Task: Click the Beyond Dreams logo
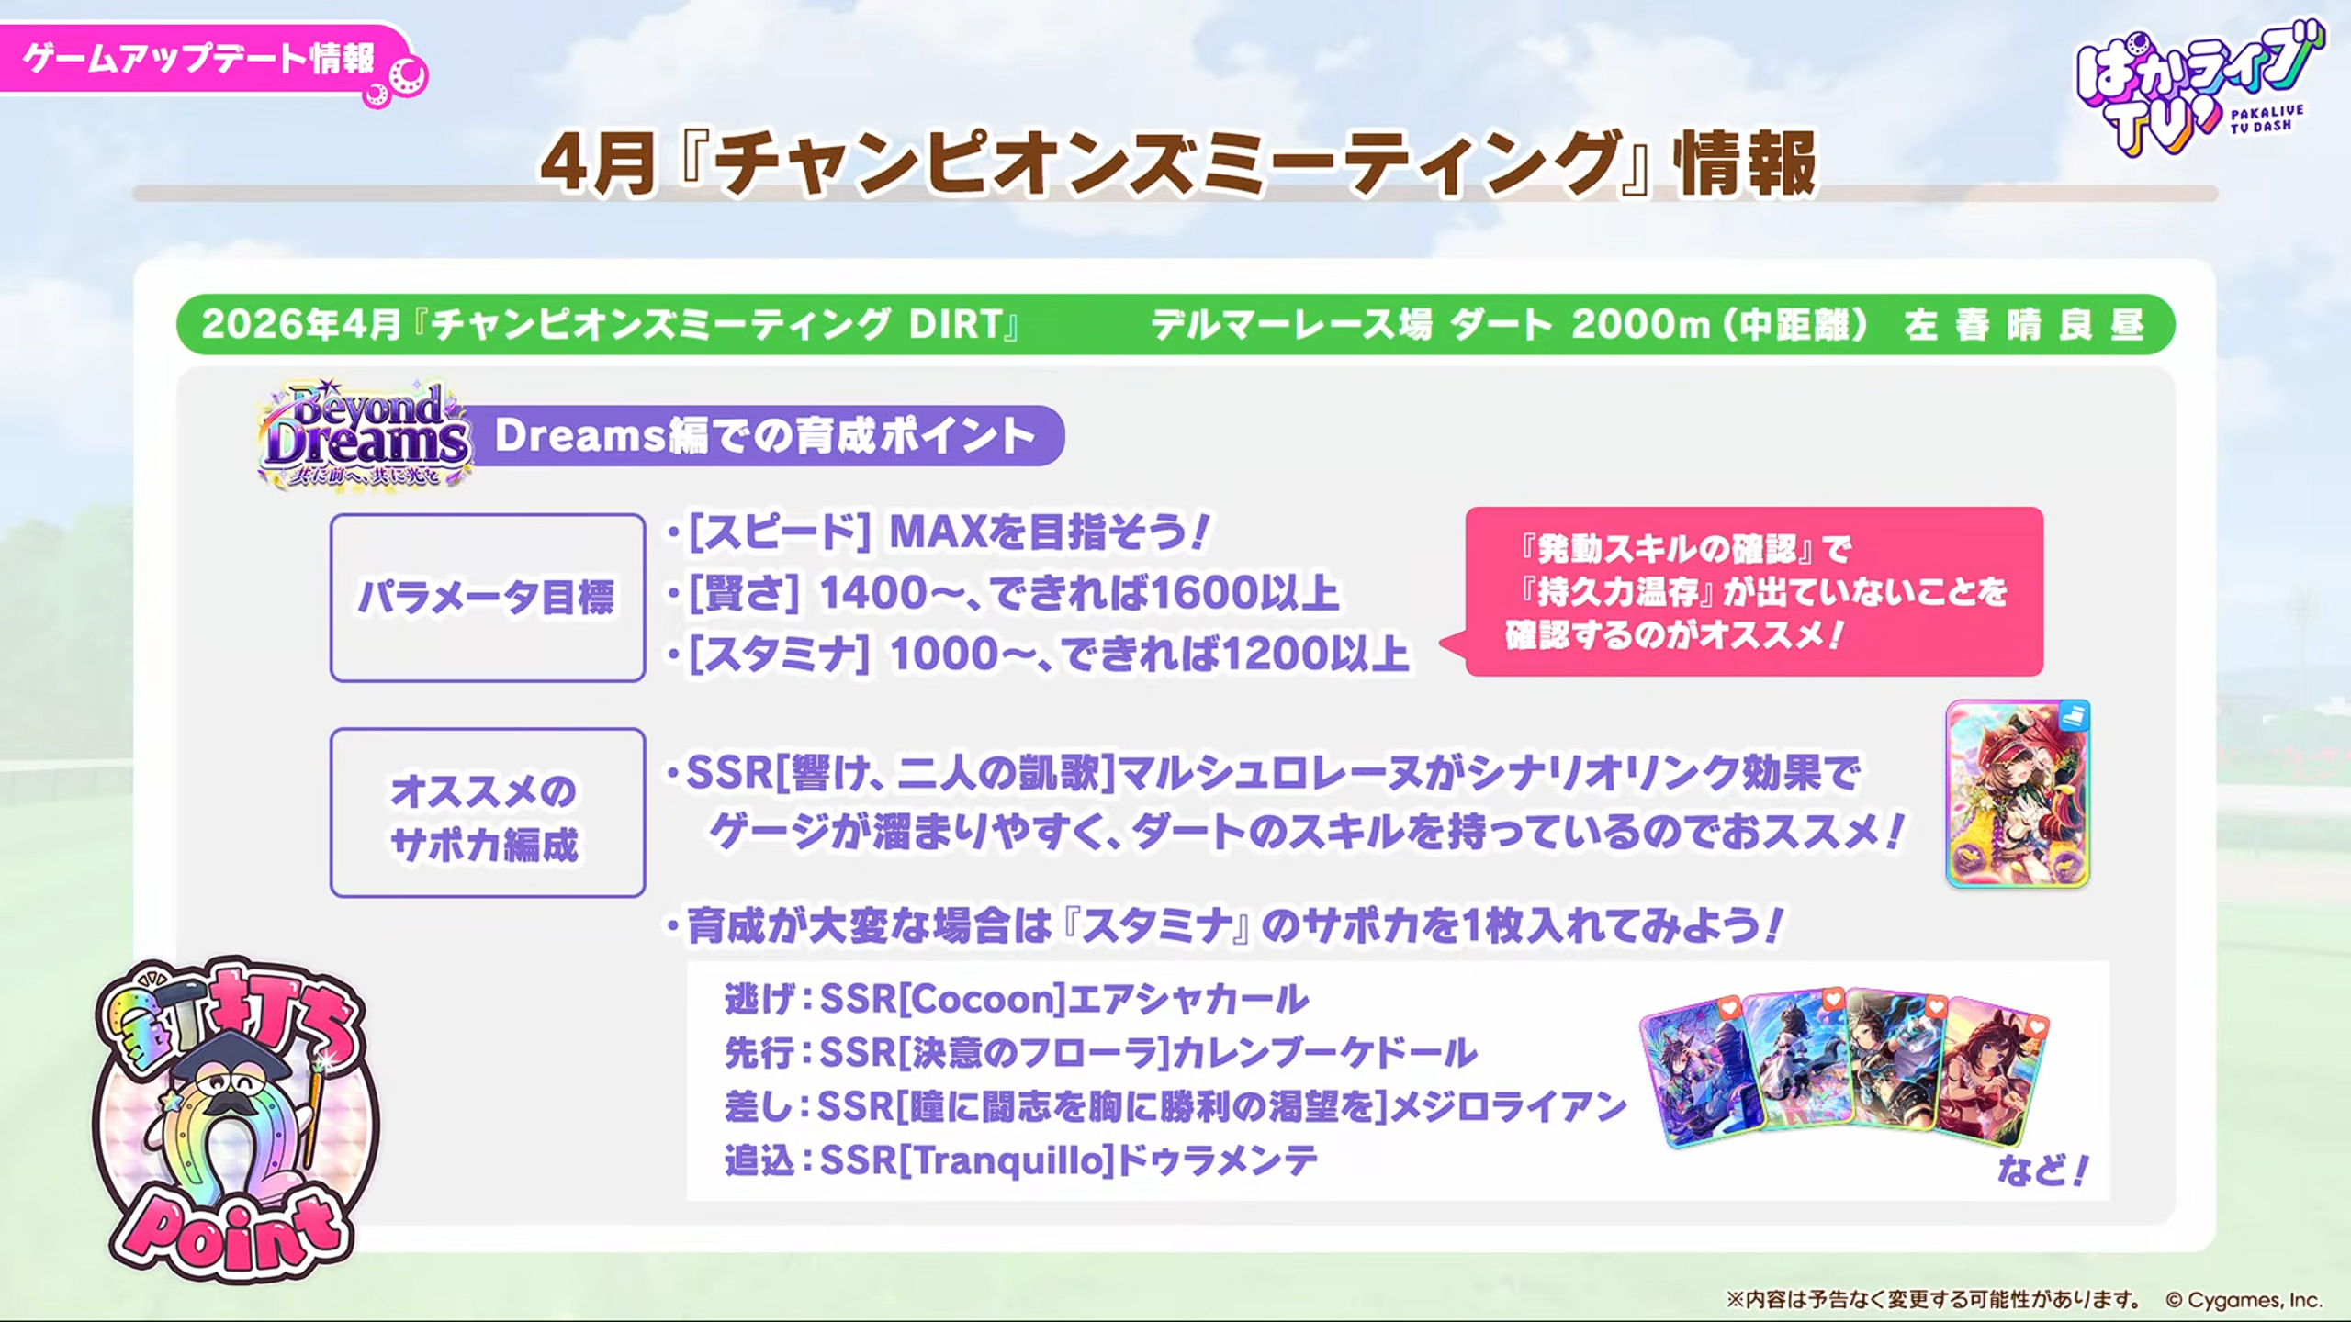click(x=366, y=433)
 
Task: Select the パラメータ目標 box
click(x=488, y=598)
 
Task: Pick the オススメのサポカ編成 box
click(x=488, y=812)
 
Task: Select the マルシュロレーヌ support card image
click(x=2018, y=794)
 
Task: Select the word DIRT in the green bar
click(x=955, y=325)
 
